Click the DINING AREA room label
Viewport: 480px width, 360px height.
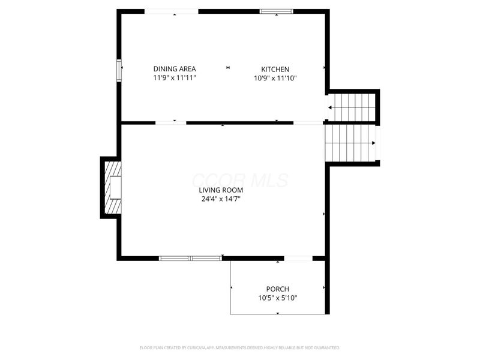174,69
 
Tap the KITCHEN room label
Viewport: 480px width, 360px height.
275,69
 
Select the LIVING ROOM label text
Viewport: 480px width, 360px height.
221,190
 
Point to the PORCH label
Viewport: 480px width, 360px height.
278,289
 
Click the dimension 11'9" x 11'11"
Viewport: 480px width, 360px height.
174,78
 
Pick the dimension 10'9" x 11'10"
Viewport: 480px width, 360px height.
275,78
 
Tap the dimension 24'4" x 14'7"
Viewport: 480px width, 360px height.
221,199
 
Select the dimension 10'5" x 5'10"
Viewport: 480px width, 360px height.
278,298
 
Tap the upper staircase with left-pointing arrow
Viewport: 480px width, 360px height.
352,107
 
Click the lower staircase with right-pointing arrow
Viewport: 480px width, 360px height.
350,143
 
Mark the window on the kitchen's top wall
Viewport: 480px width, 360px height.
277,11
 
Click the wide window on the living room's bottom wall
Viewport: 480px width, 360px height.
190,258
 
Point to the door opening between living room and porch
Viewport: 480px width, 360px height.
298,258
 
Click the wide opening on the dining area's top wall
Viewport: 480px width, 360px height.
172,11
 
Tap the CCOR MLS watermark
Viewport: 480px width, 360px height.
239,181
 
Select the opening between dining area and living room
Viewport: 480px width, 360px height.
171,122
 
